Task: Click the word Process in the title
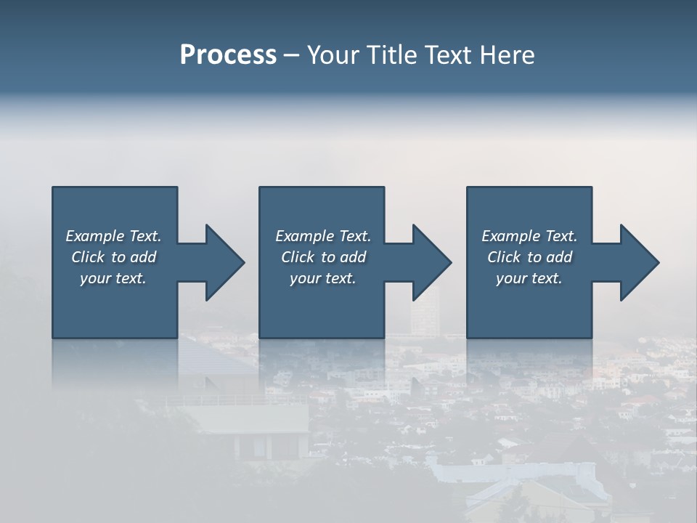tap(228, 55)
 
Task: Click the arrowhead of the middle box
tap(431, 262)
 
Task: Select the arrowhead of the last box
tap(639, 262)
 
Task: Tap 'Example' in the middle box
tap(303, 236)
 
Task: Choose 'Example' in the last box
tap(510, 236)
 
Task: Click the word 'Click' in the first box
tap(89, 257)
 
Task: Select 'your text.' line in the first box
tap(113, 278)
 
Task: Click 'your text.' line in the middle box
tap(322, 278)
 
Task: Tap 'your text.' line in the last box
tap(529, 278)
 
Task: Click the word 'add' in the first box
tap(143, 257)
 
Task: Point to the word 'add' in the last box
tap(559, 257)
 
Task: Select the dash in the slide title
tap(291, 55)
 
